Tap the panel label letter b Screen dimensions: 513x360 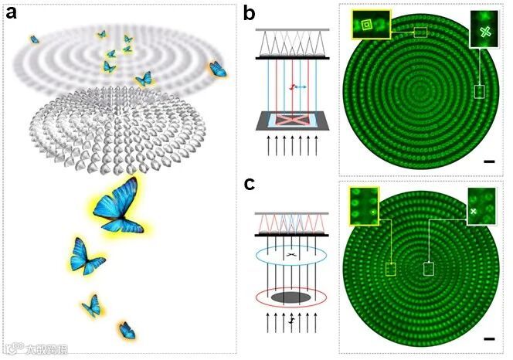[250, 13]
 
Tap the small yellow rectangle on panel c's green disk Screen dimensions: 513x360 [391, 269]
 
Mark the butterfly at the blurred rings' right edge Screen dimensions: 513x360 [218, 70]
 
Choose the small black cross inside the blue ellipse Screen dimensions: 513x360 [290, 254]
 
